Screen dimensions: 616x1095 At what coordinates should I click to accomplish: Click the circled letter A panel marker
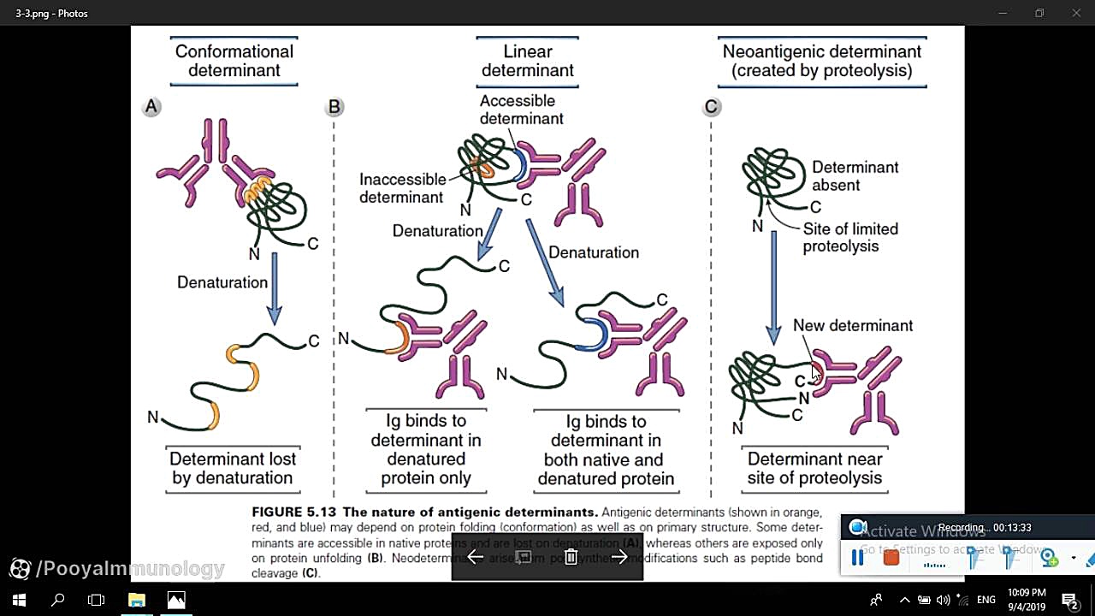tap(151, 107)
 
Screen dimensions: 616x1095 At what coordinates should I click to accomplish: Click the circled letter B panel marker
tap(334, 107)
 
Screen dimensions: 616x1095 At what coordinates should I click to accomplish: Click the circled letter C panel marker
tap(711, 107)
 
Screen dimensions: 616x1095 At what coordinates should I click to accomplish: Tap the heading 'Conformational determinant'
tap(234, 61)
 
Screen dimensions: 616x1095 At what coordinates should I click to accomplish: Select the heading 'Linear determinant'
tap(527, 61)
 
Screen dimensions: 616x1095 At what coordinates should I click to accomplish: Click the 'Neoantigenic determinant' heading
tap(821, 61)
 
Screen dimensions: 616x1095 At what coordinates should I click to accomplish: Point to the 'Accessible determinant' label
tap(521, 110)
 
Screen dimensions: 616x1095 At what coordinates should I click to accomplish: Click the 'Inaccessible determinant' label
tap(402, 188)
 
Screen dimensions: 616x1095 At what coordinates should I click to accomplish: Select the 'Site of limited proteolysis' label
tap(850, 238)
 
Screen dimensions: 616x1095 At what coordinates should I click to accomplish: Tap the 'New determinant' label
tap(852, 325)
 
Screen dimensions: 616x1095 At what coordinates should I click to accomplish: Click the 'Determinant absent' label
tap(855, 175)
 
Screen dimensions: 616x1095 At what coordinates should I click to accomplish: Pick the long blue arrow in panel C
tap(773, 287)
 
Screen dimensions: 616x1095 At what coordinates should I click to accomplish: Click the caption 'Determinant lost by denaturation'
tap(233, 468)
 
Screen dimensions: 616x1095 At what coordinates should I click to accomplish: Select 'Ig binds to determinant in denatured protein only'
tap(426, 449)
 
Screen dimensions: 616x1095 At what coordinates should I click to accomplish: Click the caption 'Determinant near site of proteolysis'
tap(814, 468)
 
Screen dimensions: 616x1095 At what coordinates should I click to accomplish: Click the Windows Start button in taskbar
tap(19, 600)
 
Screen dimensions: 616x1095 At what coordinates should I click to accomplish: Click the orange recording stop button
tap(891, 558)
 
